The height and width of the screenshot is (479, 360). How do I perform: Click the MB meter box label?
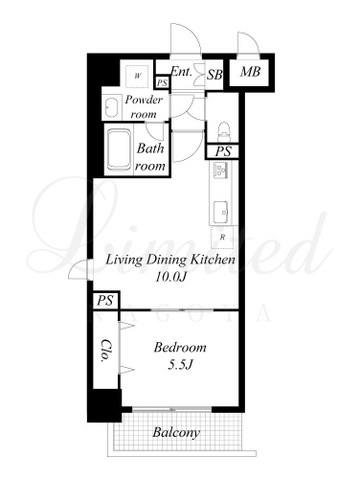(x=250, y=72)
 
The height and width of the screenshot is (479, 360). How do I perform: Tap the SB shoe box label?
(x=214, y=75)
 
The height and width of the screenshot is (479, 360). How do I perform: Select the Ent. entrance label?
(x=181, y=71)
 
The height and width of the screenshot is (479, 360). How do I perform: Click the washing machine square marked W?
(x=137, y=76)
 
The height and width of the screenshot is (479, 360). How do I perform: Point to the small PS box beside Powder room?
(x=162, y=82)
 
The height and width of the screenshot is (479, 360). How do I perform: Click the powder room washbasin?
(x=112, y=107)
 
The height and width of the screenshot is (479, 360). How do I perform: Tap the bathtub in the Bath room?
(x=119, y=149)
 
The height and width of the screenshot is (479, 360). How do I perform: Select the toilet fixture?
(x=224, y=131)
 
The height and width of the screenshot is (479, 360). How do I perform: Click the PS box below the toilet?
(x=222, y=151)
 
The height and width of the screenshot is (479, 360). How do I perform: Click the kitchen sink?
(x=220, y=210)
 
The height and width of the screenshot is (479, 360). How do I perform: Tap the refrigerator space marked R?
(x=222, y=238)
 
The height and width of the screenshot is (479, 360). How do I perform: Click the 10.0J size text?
(x=170, y=277)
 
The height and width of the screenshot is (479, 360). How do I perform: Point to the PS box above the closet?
(x=105, y=301)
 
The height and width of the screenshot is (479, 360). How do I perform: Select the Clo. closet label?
(x=105, y=351)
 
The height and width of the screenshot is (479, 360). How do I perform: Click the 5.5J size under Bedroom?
(x=180, y=365)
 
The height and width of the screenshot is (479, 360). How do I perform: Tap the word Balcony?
(x=176, y=433)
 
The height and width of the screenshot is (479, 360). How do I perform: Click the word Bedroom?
(x=180, y=347)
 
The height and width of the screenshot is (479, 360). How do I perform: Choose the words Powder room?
(x=144, y=106)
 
